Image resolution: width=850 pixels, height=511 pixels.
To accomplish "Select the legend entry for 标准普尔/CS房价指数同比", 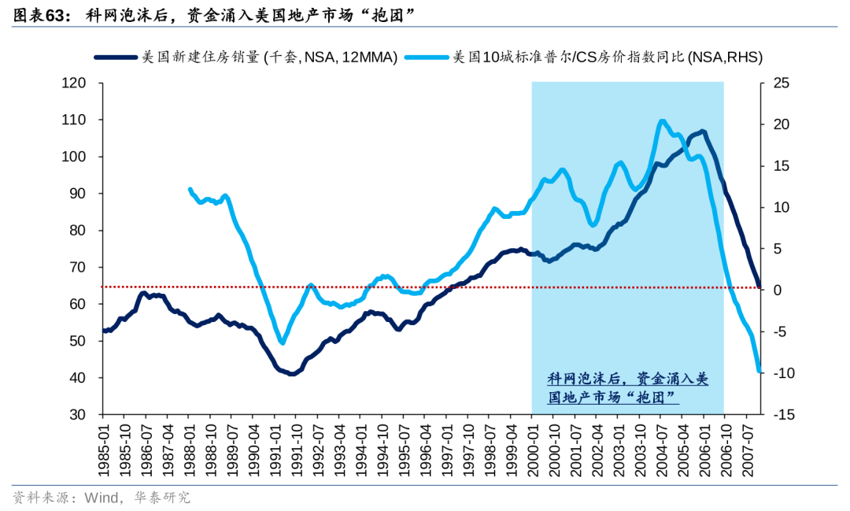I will (606, 57).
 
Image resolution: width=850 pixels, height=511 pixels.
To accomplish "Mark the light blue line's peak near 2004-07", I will (662, 121).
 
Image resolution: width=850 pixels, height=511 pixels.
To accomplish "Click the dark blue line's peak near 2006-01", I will (702, 131).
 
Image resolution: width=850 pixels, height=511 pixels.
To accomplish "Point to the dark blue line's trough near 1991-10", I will (292, 374).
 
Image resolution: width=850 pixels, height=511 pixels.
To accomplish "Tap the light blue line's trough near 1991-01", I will (282, 343).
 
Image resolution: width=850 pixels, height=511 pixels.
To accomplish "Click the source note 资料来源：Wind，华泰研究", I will (102, 498).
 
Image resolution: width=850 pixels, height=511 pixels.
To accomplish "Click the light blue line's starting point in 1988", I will (190, 189).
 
